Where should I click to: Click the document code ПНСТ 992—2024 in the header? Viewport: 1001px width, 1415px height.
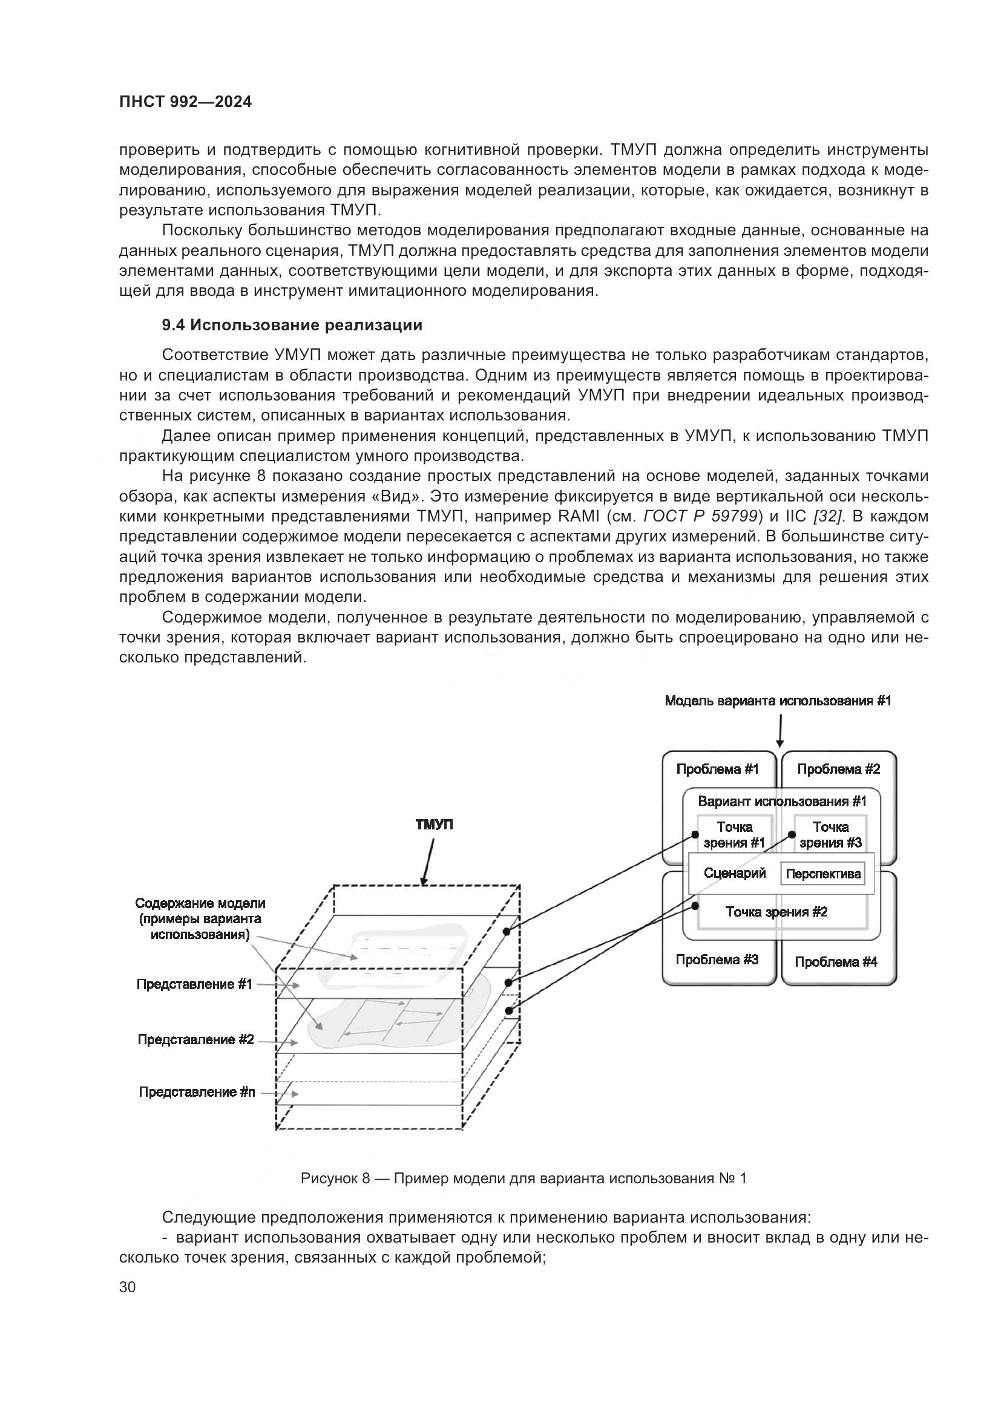186,102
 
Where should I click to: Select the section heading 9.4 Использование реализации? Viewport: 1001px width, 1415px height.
292,325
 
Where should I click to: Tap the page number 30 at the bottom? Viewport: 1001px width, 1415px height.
128,1287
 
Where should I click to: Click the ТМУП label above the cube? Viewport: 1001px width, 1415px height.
435,825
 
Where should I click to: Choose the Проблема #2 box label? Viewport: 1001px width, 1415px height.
838,769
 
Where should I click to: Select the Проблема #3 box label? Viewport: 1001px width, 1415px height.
717,959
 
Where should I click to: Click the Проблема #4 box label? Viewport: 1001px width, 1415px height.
836,962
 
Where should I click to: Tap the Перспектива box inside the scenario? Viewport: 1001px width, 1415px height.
824,875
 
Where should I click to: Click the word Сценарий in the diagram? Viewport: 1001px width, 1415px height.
735,874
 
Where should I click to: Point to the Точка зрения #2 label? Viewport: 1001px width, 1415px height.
776,912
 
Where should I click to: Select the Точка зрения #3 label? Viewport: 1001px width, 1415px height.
830,835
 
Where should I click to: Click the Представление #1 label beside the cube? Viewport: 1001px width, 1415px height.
195,985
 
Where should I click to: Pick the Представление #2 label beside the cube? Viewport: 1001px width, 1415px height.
195,1040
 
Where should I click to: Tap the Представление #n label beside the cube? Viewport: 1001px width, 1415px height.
197,1092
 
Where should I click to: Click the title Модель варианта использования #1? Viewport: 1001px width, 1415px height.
778,701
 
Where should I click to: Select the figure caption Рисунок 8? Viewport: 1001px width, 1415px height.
523,1178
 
